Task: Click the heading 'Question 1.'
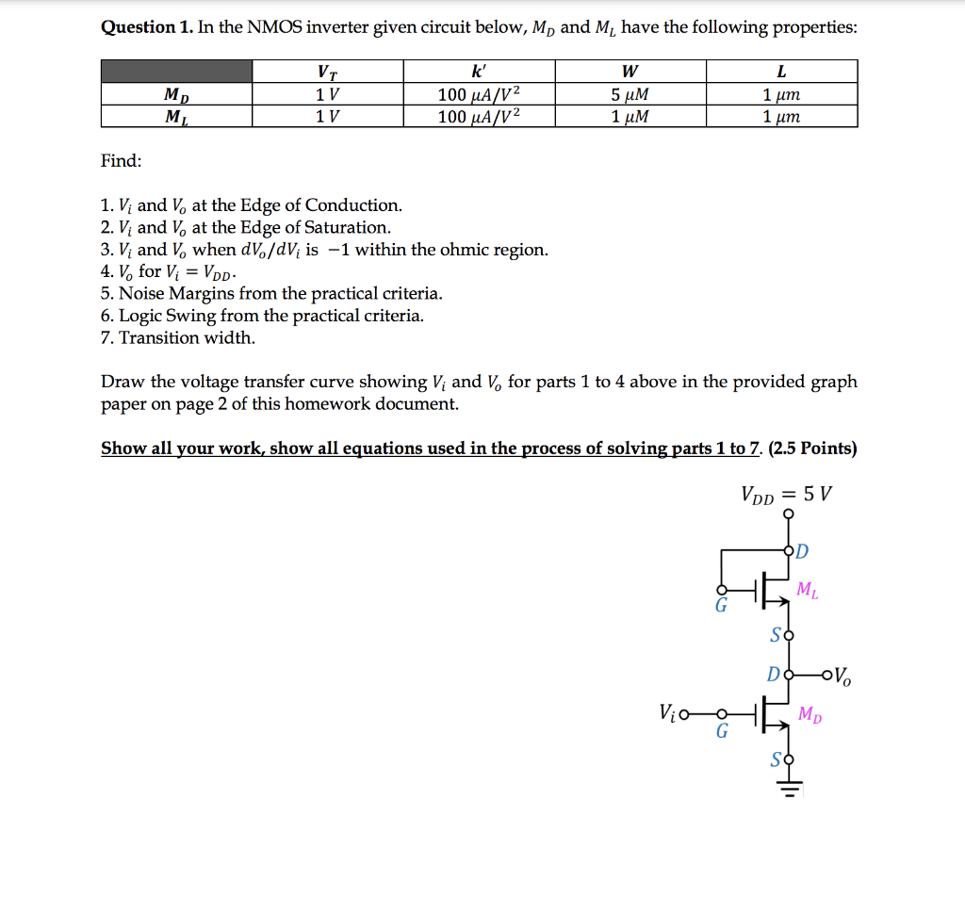pos(146,27)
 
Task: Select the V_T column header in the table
pos(328,73)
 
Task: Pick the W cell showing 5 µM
pos(630,95)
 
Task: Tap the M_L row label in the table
pos(176,117)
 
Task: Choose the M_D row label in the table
pos(176,95)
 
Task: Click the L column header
pos(781,73)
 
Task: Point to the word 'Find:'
pos(122,161)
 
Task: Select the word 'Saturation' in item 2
pos(347,228)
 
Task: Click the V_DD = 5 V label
pos(787,495)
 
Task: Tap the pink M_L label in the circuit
pos(808,591)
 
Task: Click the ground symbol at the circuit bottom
pos(789,790)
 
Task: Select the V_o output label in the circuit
pos(842,676)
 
